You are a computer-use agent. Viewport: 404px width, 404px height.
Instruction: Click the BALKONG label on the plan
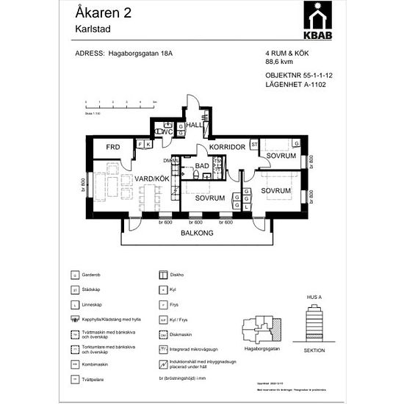tap(196, 234)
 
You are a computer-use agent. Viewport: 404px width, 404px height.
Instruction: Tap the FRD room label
tap(112, 148)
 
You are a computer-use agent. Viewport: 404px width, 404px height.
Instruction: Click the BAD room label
tap(202, 166)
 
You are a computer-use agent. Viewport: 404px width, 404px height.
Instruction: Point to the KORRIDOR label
tap(226, 148)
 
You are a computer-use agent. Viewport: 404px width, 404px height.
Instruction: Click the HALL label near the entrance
tap(195, 125)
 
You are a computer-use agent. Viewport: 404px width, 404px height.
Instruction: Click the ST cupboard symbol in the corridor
tap(254, 145)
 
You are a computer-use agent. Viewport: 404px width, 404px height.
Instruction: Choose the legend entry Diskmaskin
tap(181, 336)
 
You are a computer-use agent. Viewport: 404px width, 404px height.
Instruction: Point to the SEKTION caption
tap(314, 352)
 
